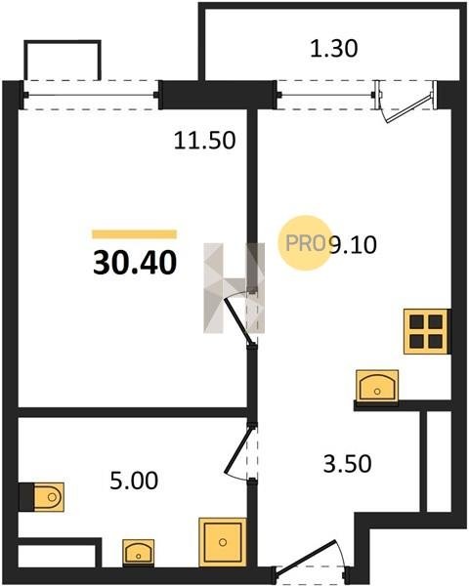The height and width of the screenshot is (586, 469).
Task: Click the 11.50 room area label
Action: tap(205, 141)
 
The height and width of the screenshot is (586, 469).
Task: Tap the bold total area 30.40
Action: tap(135, 263)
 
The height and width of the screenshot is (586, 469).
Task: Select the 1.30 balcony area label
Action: tap(334, 49)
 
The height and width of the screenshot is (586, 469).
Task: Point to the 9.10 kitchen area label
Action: tap(353, 245)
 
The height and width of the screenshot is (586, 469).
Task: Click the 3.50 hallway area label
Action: tap(348, 463)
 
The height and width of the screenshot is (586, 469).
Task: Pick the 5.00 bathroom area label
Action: tap(134, 481)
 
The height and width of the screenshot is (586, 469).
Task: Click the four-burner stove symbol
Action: tap(426, 331)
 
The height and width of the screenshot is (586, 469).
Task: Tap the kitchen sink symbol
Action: tap(377, 386)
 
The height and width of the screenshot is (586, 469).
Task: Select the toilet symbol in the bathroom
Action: tap(49, 497)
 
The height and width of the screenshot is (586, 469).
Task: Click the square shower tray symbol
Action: tap(223, 542)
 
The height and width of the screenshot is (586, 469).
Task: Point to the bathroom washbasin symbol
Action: tap(139, 552)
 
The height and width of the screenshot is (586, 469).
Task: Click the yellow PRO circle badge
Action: tap(304, 243)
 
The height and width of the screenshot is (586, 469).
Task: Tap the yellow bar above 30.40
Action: tap(135, 234)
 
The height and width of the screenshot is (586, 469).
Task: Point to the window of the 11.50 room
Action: tap(91, 95)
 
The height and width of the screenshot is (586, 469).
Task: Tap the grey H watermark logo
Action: tap(234, 288)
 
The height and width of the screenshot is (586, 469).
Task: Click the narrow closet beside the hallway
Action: tap(439, 461)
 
